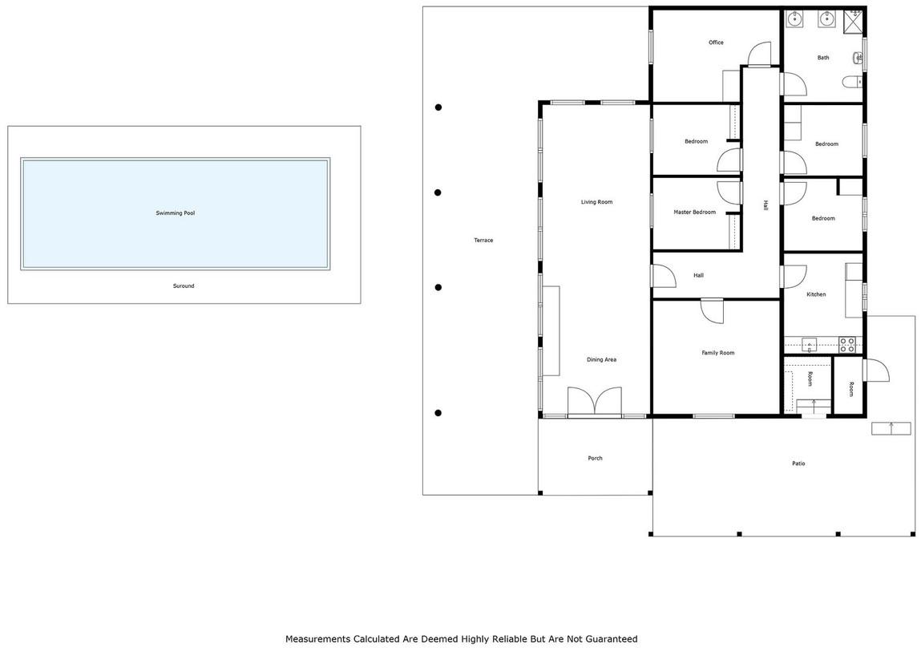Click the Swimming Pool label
click(x=175, y=213)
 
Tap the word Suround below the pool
click(x=184, y=286)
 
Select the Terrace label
click(x=483, y=241)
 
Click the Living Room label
click(x=597, y=202)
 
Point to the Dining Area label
click(x=601, y=359)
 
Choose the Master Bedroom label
click(x=695, y=212)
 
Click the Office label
click(x=716, y=43)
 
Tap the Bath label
click(x=823, y=58)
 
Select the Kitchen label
click(x=816, y=294)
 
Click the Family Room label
click(x=717, y=353)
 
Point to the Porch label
click(x=595, y=458)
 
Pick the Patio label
click(x=799, y=464)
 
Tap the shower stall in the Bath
click(x=854, y=19)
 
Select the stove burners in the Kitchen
click(x=846, y=345)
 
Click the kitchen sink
click(x=810, y=345)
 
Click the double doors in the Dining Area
click(x=595, y=402)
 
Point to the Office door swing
click(x=758, y=54)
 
